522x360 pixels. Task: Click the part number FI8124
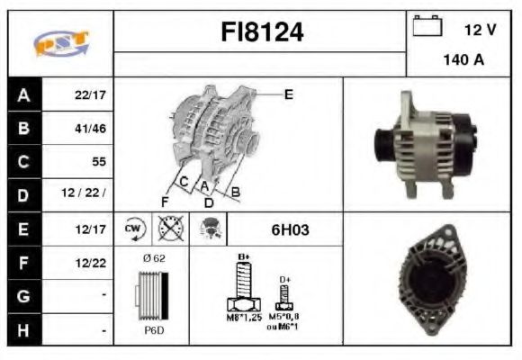point(262,33)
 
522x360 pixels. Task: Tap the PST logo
point(59,43)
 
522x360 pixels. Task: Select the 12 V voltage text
point(479,30)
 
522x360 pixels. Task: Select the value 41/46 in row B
point(90,128)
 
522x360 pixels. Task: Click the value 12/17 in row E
point(90,229)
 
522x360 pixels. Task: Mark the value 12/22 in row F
point(90,263)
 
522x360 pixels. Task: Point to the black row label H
point(22,330)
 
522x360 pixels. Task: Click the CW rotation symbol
point(132,229)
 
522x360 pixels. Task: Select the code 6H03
point(289,229)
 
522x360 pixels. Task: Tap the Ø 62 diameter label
point(153,259)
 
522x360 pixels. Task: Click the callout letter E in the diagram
point(288,94)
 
